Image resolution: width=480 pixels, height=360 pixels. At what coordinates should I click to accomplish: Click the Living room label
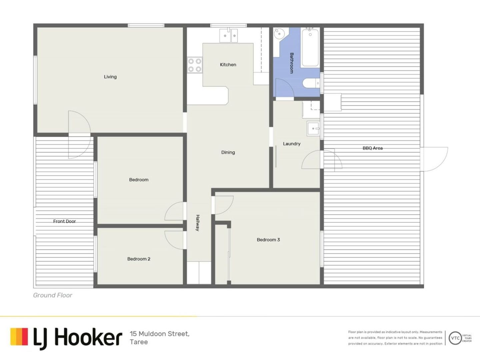pyautogui.click(x=110, y=77)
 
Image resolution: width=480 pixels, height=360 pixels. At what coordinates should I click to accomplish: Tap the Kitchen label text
pyautogui.click(x=228, y=65)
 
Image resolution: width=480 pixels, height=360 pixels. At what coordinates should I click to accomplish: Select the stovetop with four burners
pyautogui.click(x=195, y=65)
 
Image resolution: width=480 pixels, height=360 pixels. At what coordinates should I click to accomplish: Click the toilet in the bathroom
pyautogui.click(x=311, y=83)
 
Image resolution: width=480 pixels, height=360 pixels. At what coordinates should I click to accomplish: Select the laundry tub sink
pyautogui.click(x=313, y=129)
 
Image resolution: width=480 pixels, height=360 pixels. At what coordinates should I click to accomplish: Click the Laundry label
pyautogui.click(x=292, y=144)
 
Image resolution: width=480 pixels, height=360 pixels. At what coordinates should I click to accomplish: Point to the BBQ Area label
pyautogui.click(x=373, y=148)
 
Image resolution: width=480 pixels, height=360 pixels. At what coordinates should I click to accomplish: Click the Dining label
pyautogui.click(x=228, y=152)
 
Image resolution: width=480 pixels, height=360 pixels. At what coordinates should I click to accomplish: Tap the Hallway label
pyautogui.click(x=197, y=223)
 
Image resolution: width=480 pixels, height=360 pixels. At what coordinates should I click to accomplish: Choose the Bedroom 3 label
pyautogui.click(x=268, y=240)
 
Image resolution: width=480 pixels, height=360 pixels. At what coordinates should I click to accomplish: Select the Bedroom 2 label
pyautogui.click(x=139, y=259)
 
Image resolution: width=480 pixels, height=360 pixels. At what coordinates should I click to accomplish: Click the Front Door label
pyautogui.click(x=64, y=221)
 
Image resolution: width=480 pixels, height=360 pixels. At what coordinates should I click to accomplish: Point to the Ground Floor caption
pyautogui.click(x=52, y=295)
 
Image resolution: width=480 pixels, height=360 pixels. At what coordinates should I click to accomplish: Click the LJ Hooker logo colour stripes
pyautogui.click(x=19, y=337)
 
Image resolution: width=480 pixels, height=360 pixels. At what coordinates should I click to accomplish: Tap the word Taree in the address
pyautogui.click(x=139, y=342)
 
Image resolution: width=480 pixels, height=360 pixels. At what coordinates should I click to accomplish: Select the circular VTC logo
pyautogui.click(x=455, y=338)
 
